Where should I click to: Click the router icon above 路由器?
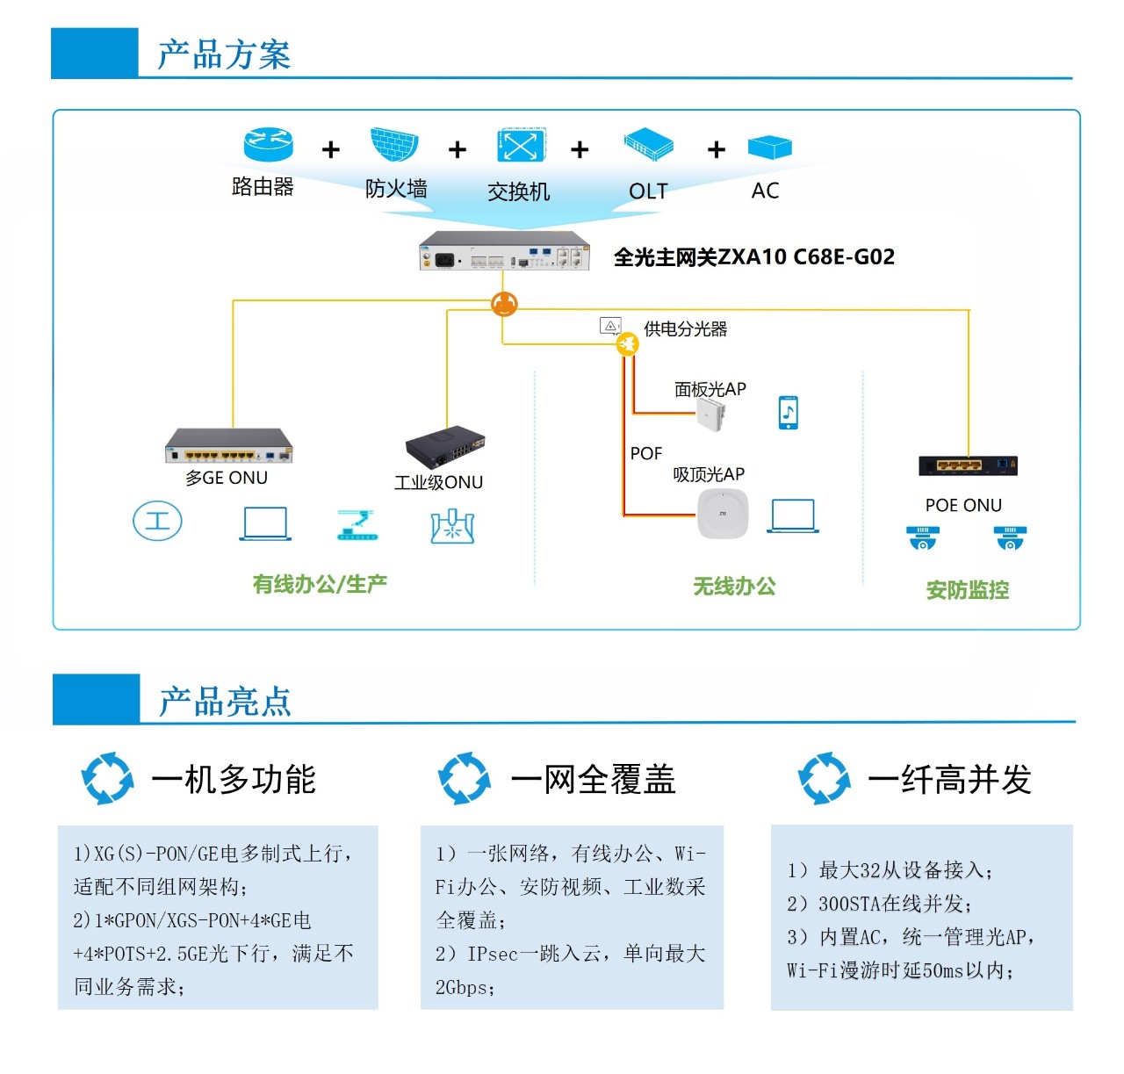click(268, 145)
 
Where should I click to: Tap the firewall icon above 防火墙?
click(394, 145)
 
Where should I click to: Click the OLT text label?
click(648, 191)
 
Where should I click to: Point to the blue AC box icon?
click(770, 147)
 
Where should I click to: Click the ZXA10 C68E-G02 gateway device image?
click(504, 251)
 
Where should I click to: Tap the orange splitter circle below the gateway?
click(504, 304)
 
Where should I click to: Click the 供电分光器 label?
click(685, 329)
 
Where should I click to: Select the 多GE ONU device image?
click(228, 446)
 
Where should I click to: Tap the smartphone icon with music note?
click(789, 413)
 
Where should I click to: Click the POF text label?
click(646, 454)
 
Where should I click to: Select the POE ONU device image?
click(968, 465)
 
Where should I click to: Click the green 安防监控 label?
click(968, 590)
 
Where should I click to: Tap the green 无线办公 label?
click(734, 587)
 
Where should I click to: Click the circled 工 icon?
click(157, 521)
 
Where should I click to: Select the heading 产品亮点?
click(225, 702)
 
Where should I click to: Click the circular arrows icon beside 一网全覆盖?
click(464, 778)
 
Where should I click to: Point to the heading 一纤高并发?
click(949, 780)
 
